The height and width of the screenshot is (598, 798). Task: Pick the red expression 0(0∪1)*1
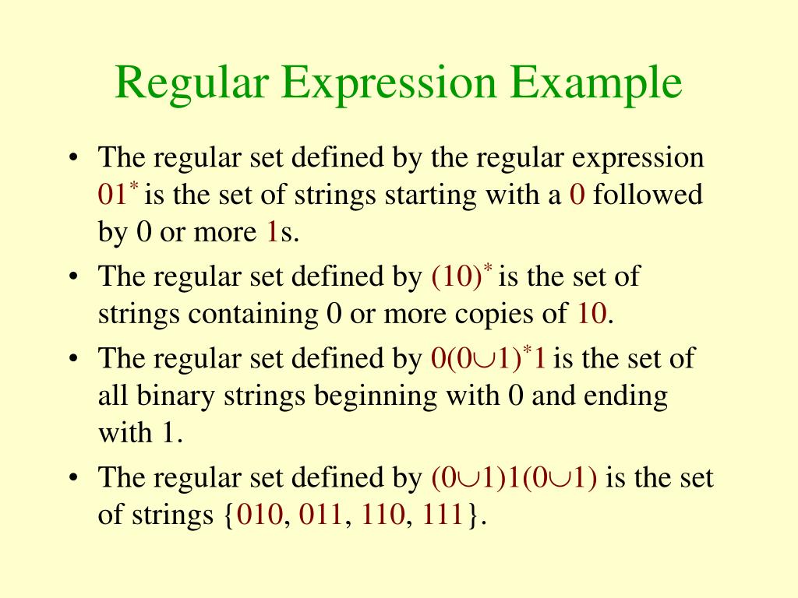coord(487,359)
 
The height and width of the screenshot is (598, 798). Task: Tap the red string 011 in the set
coord(321,516)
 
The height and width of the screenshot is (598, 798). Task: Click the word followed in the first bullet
coord(648,195)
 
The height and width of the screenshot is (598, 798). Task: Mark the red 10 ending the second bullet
coord(592,315)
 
